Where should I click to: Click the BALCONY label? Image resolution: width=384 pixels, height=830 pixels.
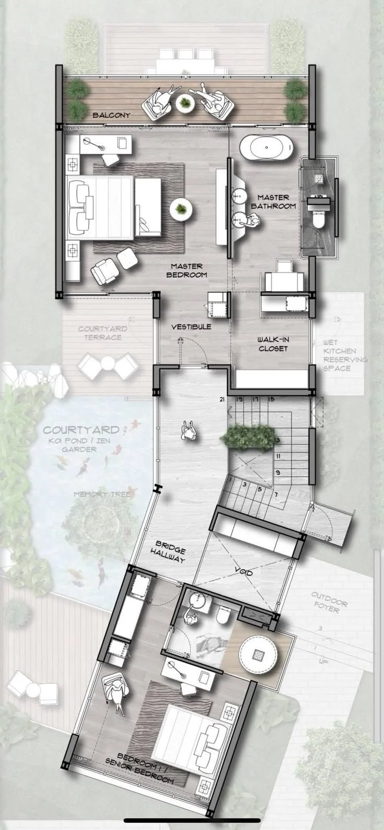click(111, 115)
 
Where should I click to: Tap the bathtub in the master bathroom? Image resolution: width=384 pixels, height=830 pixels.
click(268, 147)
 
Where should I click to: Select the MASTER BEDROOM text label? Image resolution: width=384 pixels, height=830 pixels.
click(187, 271)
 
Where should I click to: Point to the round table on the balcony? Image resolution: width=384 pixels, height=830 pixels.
click(185, 102)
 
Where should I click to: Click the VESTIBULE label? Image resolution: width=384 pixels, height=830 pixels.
click(191, 327)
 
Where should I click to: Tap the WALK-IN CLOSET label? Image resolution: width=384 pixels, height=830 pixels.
click(273, 344)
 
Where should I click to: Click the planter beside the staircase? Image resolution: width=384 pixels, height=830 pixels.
click(247, 437)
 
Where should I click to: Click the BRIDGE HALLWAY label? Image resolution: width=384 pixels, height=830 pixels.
click(168, 555)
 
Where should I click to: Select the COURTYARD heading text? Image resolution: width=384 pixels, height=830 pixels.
click(80, 431)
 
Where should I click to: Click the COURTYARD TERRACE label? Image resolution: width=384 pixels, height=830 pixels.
click(100, 333)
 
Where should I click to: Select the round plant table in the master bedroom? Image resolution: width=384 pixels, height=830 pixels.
click(181, 209)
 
